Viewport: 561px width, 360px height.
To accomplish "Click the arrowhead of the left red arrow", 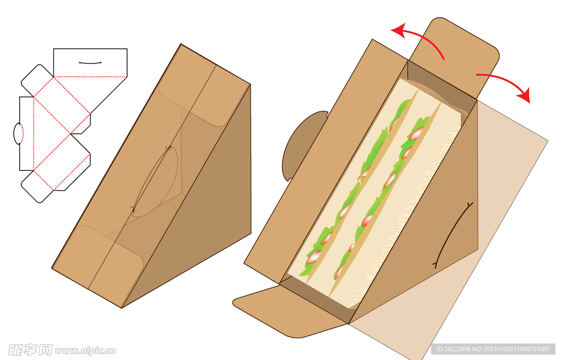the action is (x=399, y=31).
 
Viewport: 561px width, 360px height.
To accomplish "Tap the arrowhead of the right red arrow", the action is (x=524, y=95).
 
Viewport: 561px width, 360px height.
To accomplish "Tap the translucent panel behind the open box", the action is (x=501, y=229).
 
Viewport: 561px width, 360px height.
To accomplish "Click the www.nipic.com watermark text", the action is (x=85, y=350).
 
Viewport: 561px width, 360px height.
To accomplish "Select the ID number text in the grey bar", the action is (x=493, y=349).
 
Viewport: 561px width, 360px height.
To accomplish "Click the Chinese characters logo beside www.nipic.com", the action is (x=30, y=350).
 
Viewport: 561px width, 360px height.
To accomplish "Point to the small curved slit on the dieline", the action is (x=90, y=63).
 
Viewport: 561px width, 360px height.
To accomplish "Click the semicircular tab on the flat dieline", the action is (x=18, y=134).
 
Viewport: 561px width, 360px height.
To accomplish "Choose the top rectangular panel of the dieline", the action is (x=90, y=62).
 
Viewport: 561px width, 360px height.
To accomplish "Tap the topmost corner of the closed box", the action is (x=181, y=44).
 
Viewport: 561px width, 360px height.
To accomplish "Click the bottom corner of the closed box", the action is (x=121, y=308).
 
